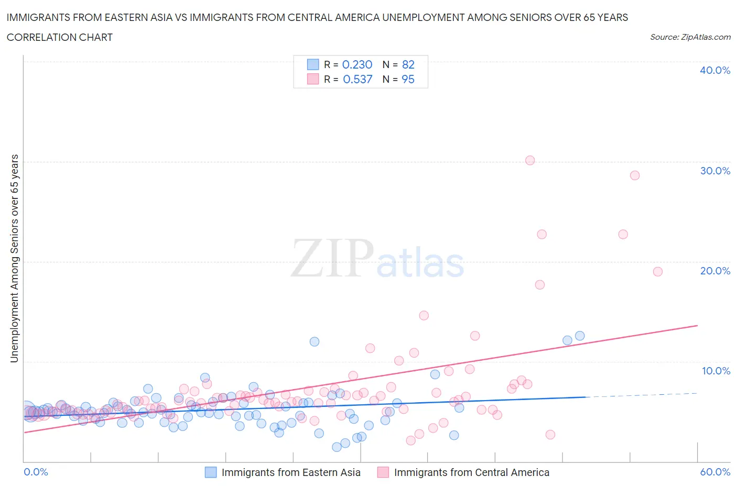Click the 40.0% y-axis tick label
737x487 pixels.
(714, 70)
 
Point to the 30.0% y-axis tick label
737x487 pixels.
(714, 171)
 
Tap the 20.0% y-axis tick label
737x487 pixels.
(714, 271)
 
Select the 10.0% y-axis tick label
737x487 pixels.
(716, 371)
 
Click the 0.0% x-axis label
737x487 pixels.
(36, 472)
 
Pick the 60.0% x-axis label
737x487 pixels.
(714, 472)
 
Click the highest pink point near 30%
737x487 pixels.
(530, 160)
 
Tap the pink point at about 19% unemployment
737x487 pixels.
(657, 271)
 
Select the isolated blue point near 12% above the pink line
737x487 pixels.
(315, 341)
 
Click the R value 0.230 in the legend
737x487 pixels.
(357, 64)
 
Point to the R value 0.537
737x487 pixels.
(357, 79)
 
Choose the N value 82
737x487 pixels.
(408, 64)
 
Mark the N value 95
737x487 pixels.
(408, 79)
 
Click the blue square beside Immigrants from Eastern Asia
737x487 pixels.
(210, 472)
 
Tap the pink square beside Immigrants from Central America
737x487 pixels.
(383, 472)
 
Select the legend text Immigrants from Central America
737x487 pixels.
(471, 472)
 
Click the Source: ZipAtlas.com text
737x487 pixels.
(690, 37)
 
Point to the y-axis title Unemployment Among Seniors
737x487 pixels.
(15, 258)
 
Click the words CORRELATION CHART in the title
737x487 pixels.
(60, 37)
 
